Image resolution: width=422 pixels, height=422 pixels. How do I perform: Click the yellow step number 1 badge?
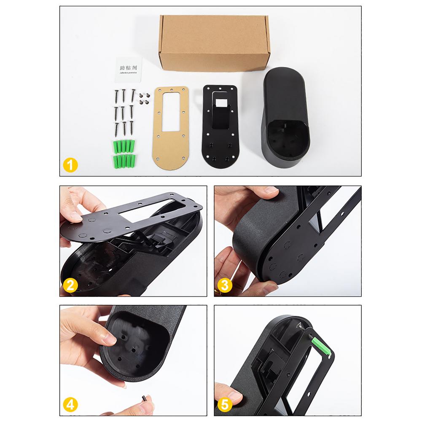70,165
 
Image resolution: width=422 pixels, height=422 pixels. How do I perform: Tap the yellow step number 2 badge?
70,286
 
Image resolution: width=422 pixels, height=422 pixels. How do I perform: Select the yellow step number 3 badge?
225,286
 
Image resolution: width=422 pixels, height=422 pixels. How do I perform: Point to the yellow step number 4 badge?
70,406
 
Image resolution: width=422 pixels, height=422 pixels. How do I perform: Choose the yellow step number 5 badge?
225,406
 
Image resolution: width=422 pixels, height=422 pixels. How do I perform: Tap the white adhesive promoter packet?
128,69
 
